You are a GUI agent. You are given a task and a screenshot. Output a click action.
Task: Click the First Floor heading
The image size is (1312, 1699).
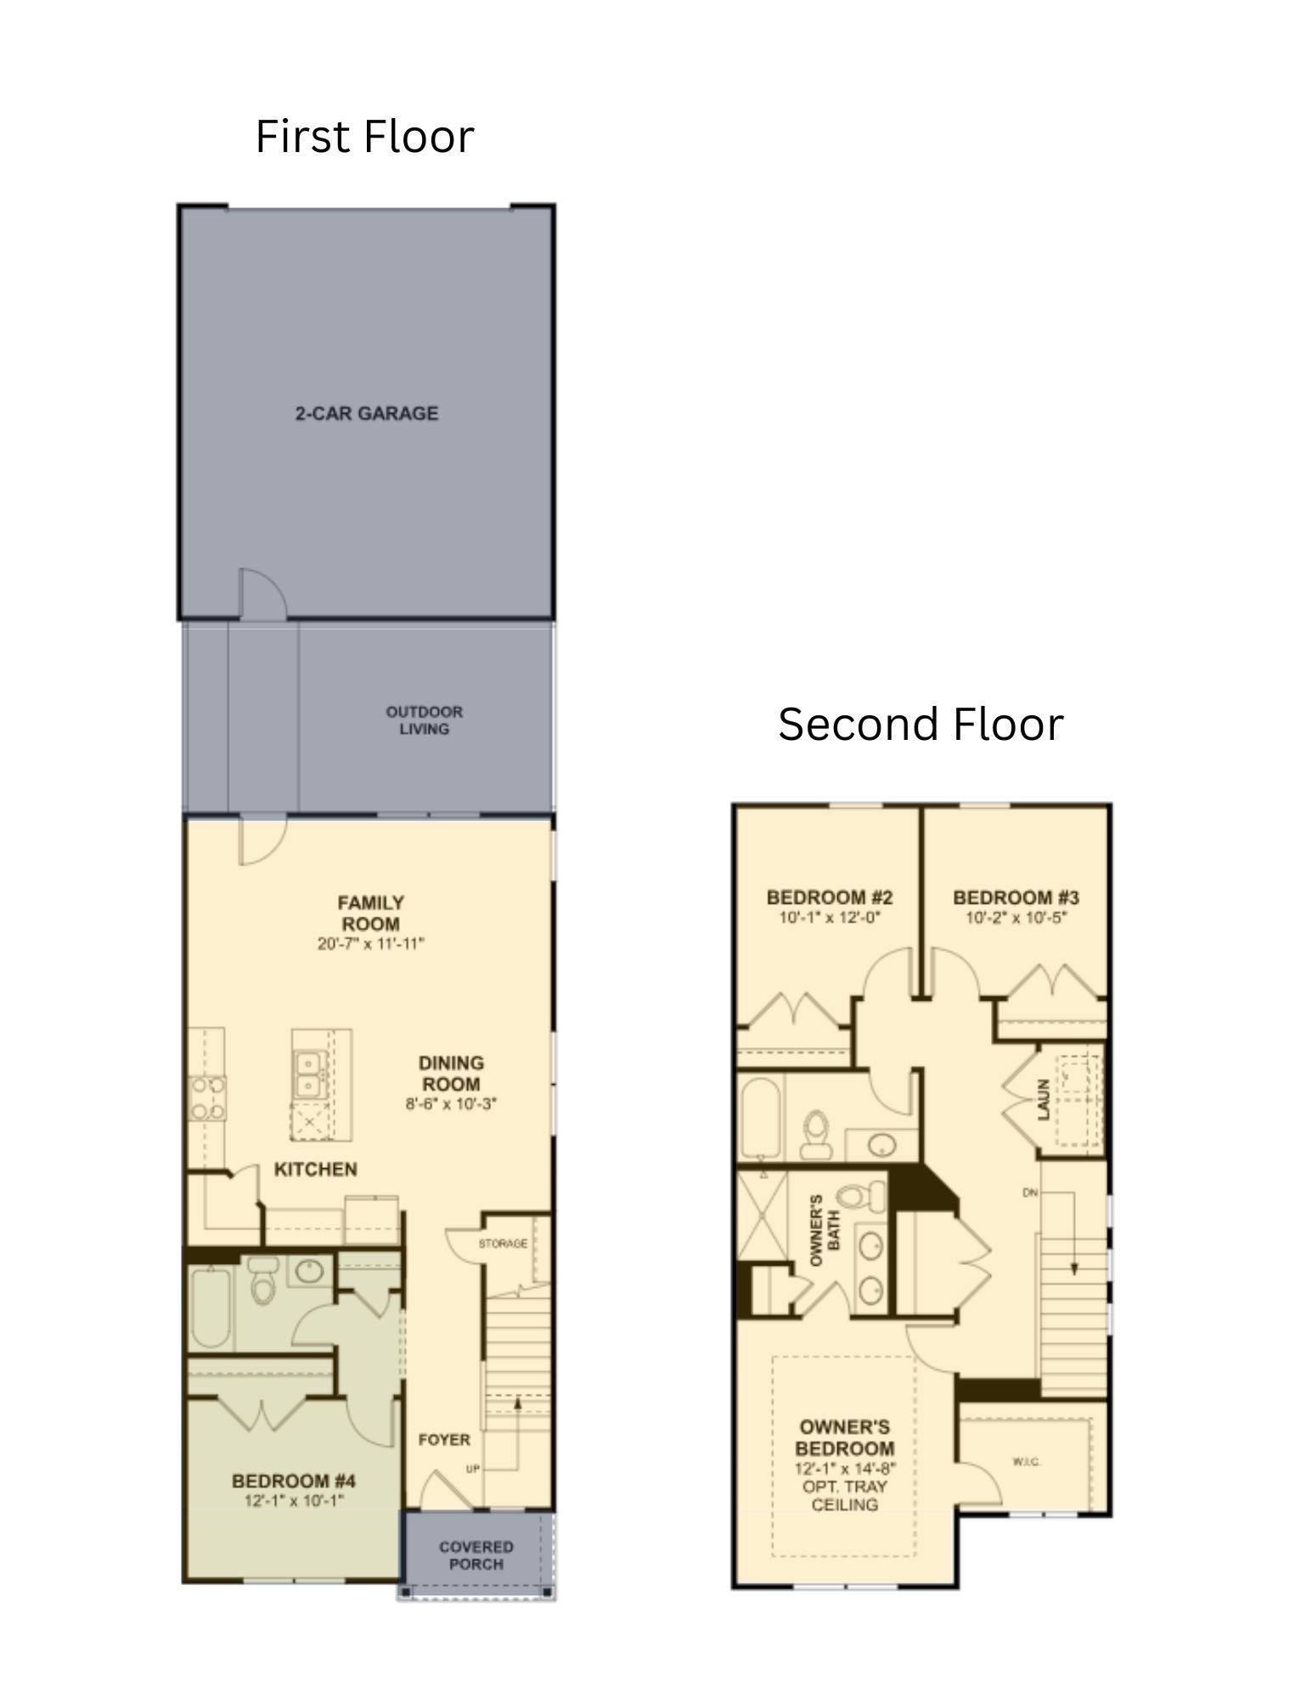pyautogui.click(x=364, y=137)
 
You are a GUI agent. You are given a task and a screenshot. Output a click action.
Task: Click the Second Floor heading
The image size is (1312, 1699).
pyautogui.click(x=920, y=725)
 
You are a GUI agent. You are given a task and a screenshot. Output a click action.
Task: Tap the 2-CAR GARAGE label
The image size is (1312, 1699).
pyautogui.click(x=367, y=414)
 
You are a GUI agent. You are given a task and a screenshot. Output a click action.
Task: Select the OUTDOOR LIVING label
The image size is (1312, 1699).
pyautogui.click(x=425, y=720)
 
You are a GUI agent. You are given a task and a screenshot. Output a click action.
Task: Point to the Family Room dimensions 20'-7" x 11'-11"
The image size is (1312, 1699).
pyautogui.click(x=370, y=944)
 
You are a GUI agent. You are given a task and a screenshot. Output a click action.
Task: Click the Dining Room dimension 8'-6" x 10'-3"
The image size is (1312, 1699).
pyautogui.click(x=451, y=1104)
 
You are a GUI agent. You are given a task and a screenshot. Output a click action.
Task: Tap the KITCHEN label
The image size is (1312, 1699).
pyautogui.click(x=316, y=1170)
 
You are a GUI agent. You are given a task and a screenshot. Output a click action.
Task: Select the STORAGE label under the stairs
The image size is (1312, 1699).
pyautogui.click(x=503, y=1244)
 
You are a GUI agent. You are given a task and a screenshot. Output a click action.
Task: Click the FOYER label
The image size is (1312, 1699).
pyautogui.click(x=444, y=1440)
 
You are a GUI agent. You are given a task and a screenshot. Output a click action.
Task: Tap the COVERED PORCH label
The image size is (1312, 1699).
pyautogui.click(x=476, y=1555)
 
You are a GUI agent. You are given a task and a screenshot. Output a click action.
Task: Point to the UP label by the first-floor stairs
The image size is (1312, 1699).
pyautogui.click(x=473, y=1469)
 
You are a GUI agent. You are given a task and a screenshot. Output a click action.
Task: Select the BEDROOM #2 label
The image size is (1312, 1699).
pyautogui.click(x=829, y=898)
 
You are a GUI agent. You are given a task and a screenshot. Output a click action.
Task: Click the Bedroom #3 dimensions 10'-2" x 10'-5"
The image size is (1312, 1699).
pyautogui.click(x=1016, y=918)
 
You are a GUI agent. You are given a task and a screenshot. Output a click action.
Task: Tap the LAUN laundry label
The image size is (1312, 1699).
pyautogui.click(x=1044, y=1099)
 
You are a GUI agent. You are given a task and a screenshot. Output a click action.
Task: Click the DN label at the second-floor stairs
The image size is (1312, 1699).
pyautogui.click(x=1030, y=1194)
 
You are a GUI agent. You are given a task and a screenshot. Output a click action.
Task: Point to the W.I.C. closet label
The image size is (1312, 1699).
pyautogui.click(x=1027, y=1462)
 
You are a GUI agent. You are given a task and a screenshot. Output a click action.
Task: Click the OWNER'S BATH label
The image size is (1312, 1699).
pyautogui.click(x=825, y=1232)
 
